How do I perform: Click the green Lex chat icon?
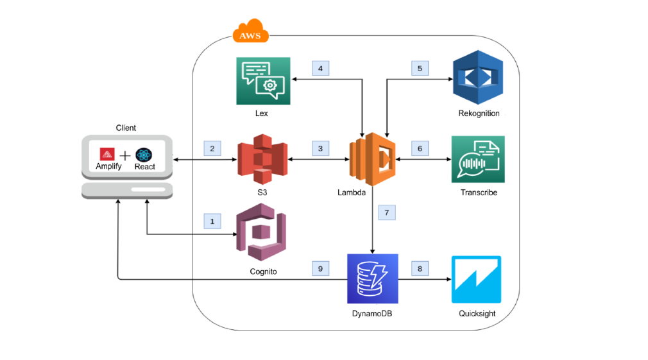pos(262,81)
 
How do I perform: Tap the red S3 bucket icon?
pos(262,158)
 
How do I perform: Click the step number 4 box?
pos(321,67)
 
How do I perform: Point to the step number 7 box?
pos(386,212)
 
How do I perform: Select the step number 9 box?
pos(321,268)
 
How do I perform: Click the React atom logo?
pos(144,154)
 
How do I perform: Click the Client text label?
pos(126,128)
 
